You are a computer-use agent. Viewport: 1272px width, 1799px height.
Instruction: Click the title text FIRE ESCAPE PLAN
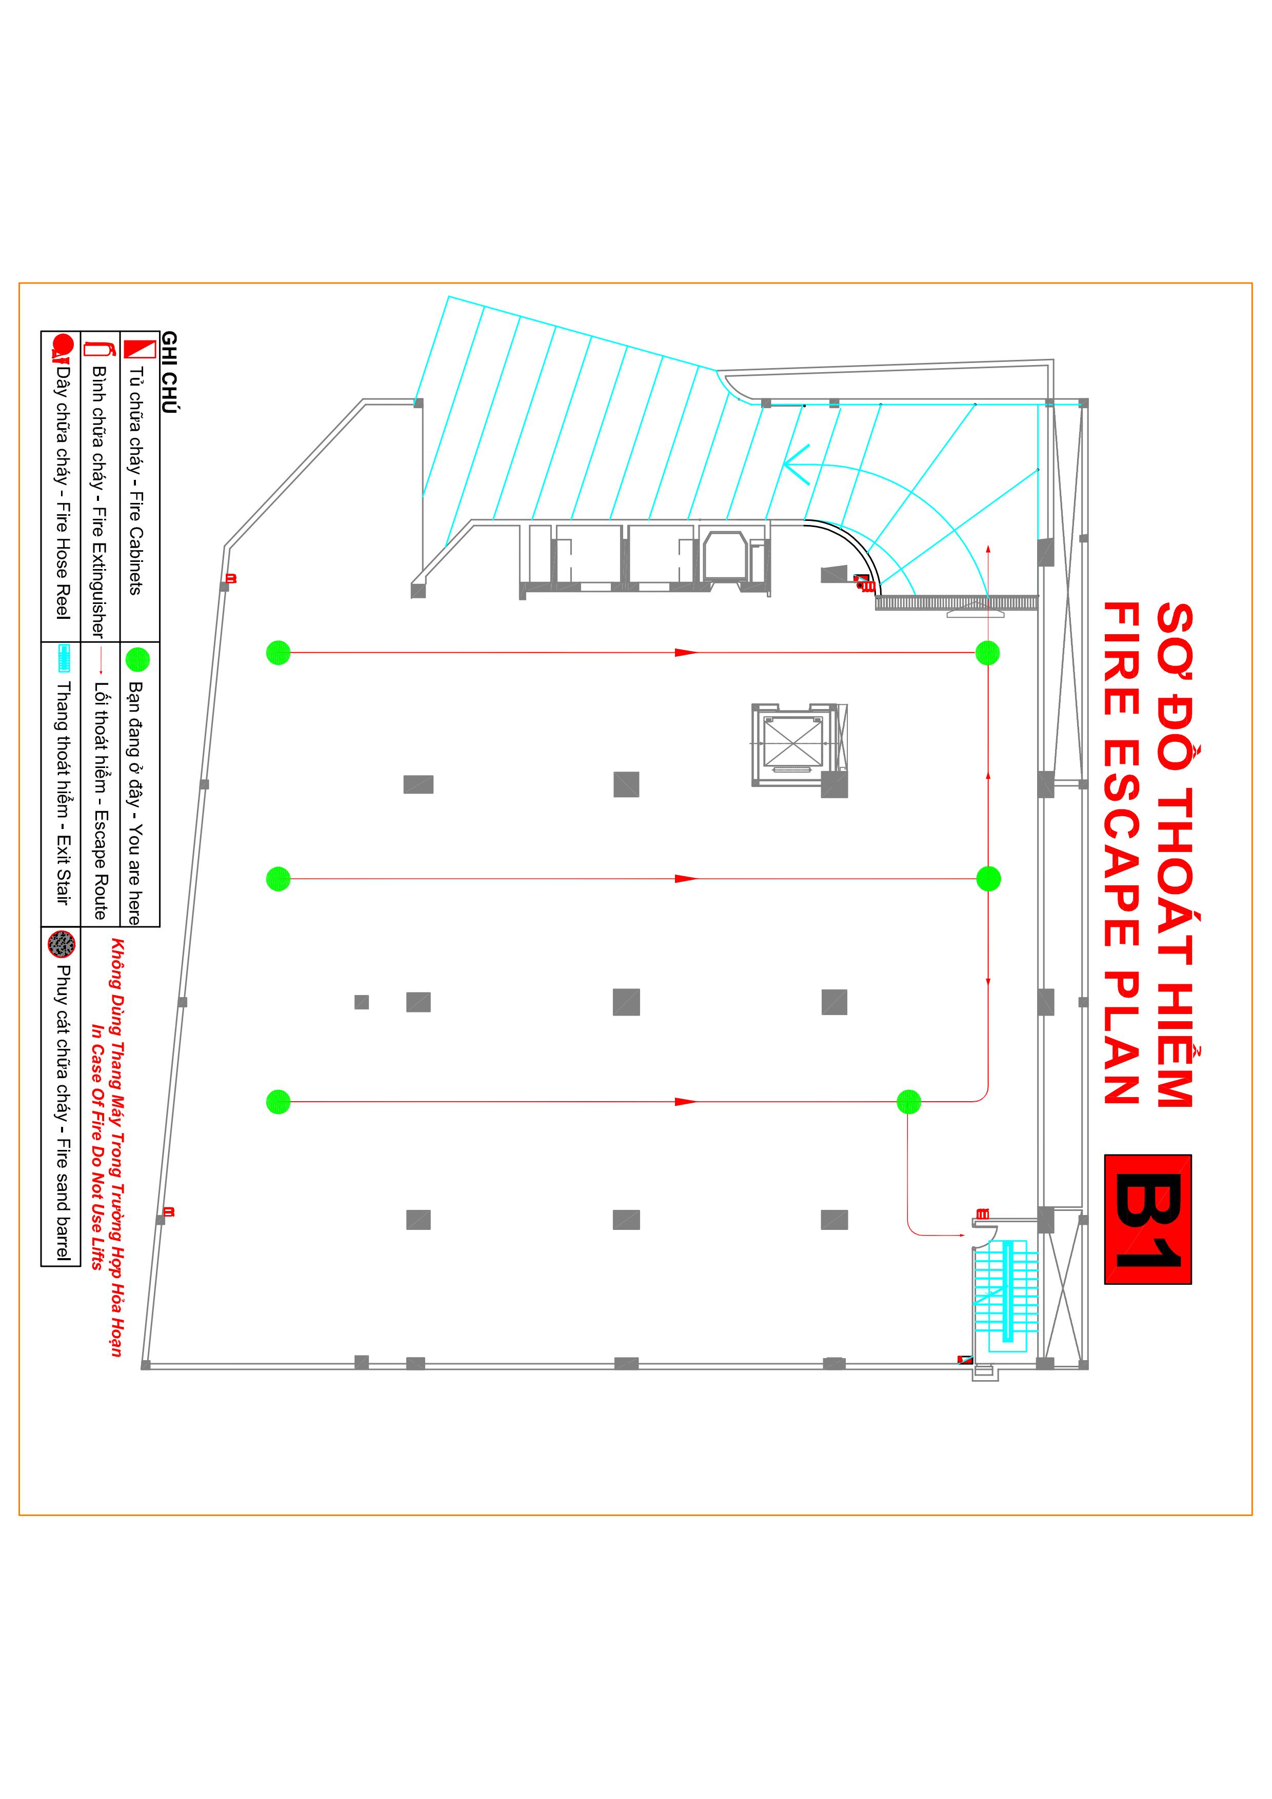pyautogui.click(x=1122, y=853)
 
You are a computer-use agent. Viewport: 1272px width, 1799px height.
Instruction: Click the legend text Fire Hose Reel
pyautogui.click(x=63, y=561)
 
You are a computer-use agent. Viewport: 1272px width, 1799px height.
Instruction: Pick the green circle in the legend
pyautogui.click(x=137, y=659)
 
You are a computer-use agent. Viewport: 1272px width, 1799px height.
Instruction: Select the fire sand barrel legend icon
pyautogui.click(x=61, y=944)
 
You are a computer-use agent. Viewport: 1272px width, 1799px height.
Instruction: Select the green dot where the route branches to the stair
pyautogui.click(x=908, y=1102)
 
